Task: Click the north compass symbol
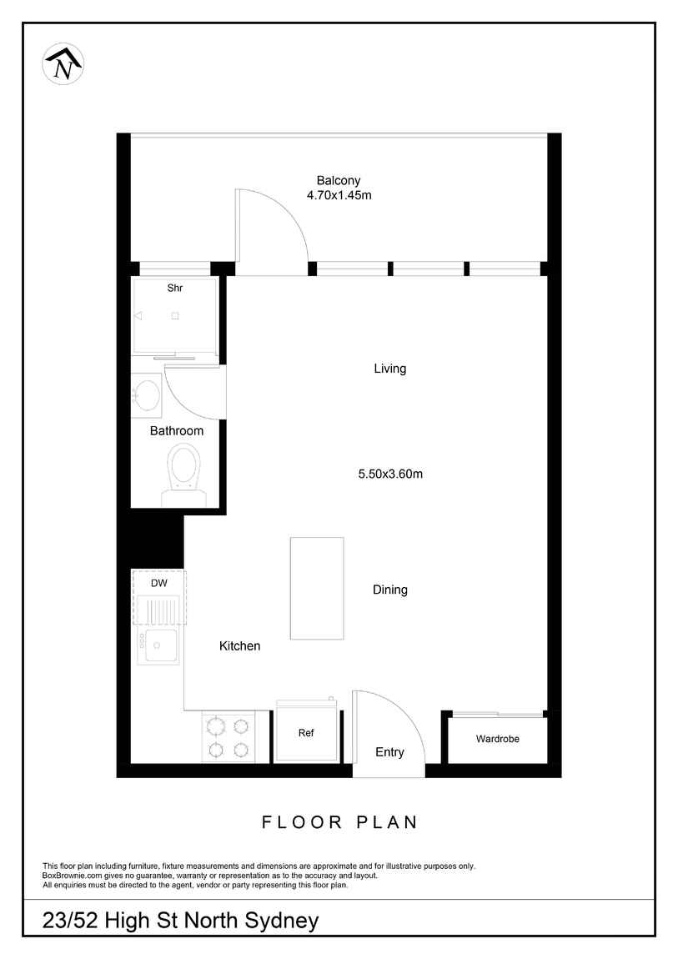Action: (x=63, y=63)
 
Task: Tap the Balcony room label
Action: (x=338, y=180)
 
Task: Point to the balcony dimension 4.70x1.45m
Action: (x=339, y=196)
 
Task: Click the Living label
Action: (x=390, y=369)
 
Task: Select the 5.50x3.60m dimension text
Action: (x=390, y=474)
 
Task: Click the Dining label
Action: (x=390, y=590)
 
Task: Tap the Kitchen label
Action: (x=239, y=645)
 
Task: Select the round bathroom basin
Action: (x=147, y=394)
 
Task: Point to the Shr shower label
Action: (x=175, y=288)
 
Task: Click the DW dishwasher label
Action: (x=159, y=584)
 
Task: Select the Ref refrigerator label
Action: (x=306, y=733)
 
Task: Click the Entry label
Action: (x=389, y=752)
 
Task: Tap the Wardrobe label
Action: (x=498, y=739)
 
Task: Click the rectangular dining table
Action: (x=317, y=589)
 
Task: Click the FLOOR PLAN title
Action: (x=339, y=822)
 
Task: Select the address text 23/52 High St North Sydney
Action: (x=180, y=921)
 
